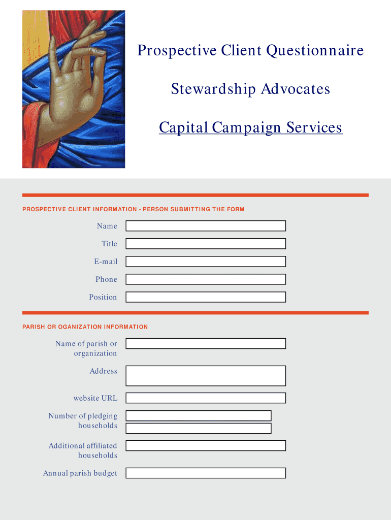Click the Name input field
tap(206, 226)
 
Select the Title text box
tap(206, 244)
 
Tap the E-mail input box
tap(206, 262)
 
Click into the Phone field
tap(206, 279)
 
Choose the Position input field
tap(206, 297)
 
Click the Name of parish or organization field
tap(206, 344)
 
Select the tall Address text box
tap(206, 376)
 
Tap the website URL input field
tap(206, 398)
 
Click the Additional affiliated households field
tap(206, 446)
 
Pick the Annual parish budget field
tap(206, 473)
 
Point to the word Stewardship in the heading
tap(213, 89)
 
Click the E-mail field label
tap(106, 262)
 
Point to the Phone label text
tap(106, 279)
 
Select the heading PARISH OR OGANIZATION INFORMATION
tap(85, 327)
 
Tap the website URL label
tap(95, 398)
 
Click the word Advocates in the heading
tap(296, 89)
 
